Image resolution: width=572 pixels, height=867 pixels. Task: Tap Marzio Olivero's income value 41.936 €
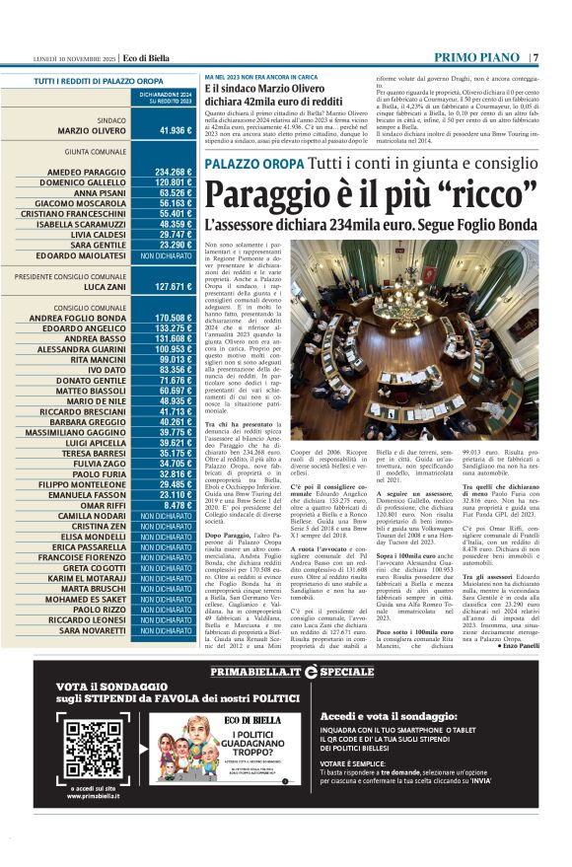tap(175, 130)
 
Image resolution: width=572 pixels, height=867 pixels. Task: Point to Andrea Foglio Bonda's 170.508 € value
tap(173, 318)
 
